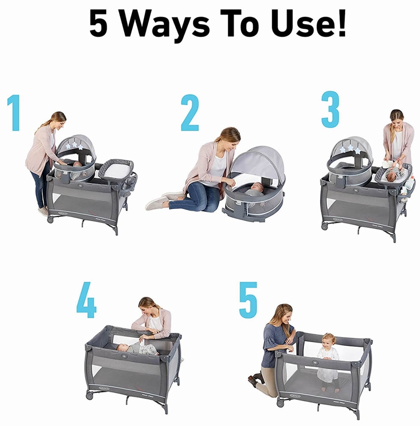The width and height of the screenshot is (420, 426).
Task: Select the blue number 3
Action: click(330, 109)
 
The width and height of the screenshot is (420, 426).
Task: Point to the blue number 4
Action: click(86, 301)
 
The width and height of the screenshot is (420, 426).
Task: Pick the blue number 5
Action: click(248, 300)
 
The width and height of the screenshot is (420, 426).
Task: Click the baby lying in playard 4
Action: click(137, 349)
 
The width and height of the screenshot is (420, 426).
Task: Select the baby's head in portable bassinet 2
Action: click(256, 187)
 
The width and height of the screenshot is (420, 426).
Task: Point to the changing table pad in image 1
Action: click(116, 169)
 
